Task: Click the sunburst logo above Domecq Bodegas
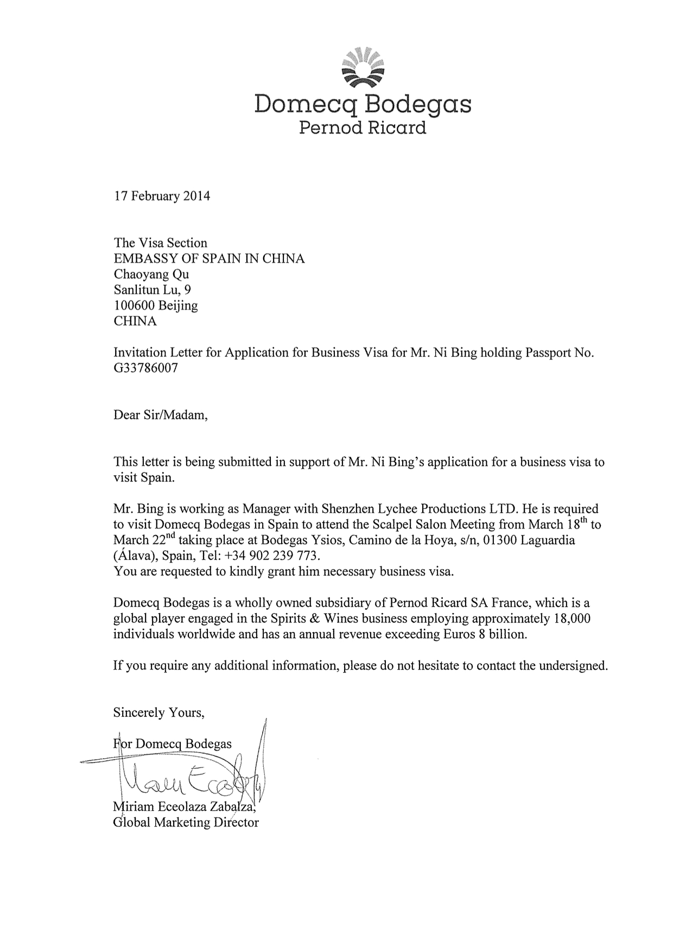tap(362, 67)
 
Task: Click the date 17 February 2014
tap(161, 196)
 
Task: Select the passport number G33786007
tap(145, 368)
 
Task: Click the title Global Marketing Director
tap(186, 822)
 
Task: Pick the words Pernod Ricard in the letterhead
tap(363, 128)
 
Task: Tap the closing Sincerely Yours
tap(158, 713)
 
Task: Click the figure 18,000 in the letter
tap(571, 619)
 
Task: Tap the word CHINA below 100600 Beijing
tap(135, 321)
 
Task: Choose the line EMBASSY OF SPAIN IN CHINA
tap(209, 259)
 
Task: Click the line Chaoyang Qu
tap(151, 274)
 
